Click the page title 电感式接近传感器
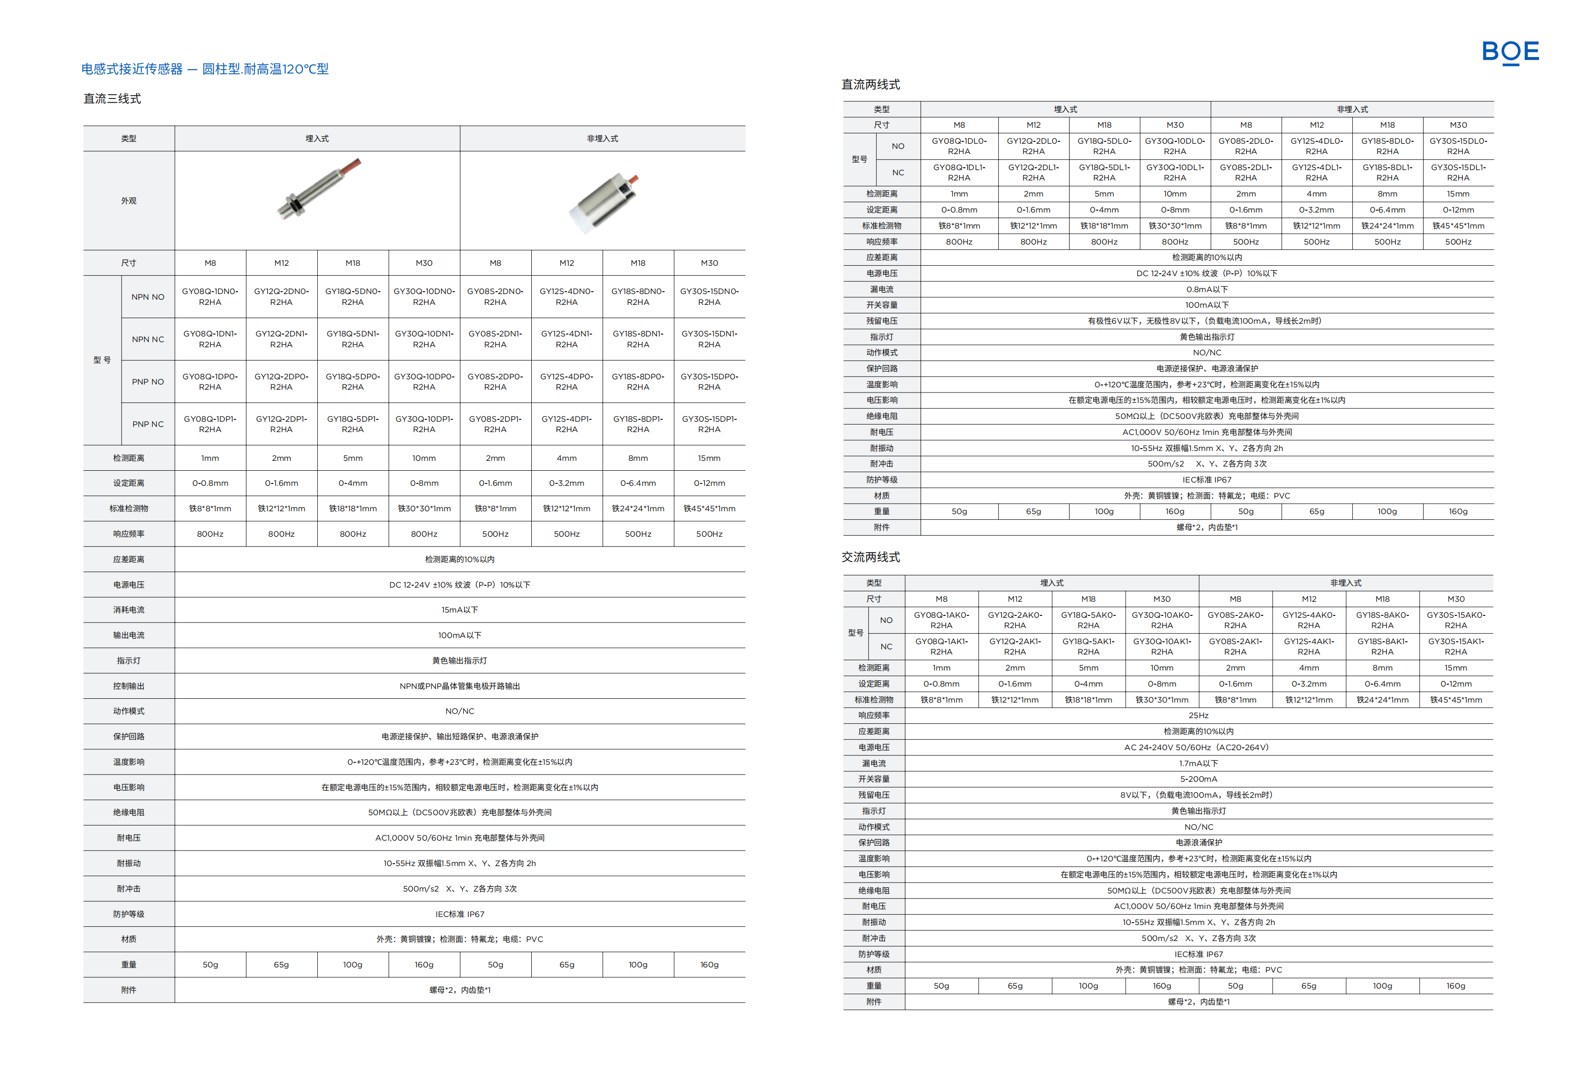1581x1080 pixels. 132,69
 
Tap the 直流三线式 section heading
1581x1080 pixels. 112,98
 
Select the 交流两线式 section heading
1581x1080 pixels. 870,557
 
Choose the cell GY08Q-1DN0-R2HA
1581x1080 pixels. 210,296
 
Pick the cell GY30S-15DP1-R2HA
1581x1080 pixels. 709,424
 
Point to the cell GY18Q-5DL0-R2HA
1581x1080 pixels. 1104,146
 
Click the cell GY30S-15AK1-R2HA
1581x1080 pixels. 1455,646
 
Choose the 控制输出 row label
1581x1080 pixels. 129,686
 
